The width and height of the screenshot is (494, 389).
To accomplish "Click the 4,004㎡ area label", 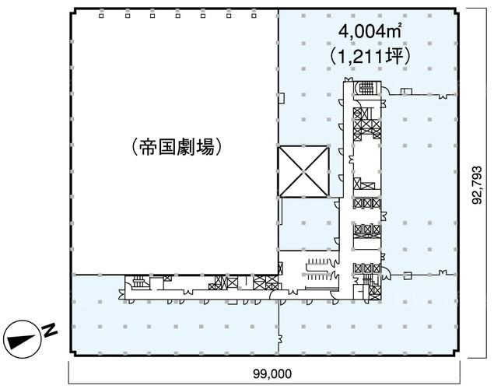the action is pos(370,32).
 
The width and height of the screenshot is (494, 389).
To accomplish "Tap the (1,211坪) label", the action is pos(370,57).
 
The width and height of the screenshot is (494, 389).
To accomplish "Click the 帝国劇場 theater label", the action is pos(177,147).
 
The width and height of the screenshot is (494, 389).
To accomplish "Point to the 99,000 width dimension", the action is pos(272,374).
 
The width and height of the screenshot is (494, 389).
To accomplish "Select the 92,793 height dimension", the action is pos(477,185).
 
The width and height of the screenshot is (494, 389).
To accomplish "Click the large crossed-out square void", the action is pos(303,171).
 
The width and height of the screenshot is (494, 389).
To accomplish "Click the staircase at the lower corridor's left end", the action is pos(138,282).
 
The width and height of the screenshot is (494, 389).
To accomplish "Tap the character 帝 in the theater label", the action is pos(148,147).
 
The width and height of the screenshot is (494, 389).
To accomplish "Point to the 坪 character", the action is pos(394,57).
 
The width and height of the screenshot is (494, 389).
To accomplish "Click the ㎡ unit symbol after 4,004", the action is pos(396,32).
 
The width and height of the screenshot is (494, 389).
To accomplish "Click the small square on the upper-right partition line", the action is pos(404,92).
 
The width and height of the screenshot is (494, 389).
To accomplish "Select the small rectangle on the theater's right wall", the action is pos(282,98).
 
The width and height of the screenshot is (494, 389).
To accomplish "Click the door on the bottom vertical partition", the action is pos(280,338).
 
